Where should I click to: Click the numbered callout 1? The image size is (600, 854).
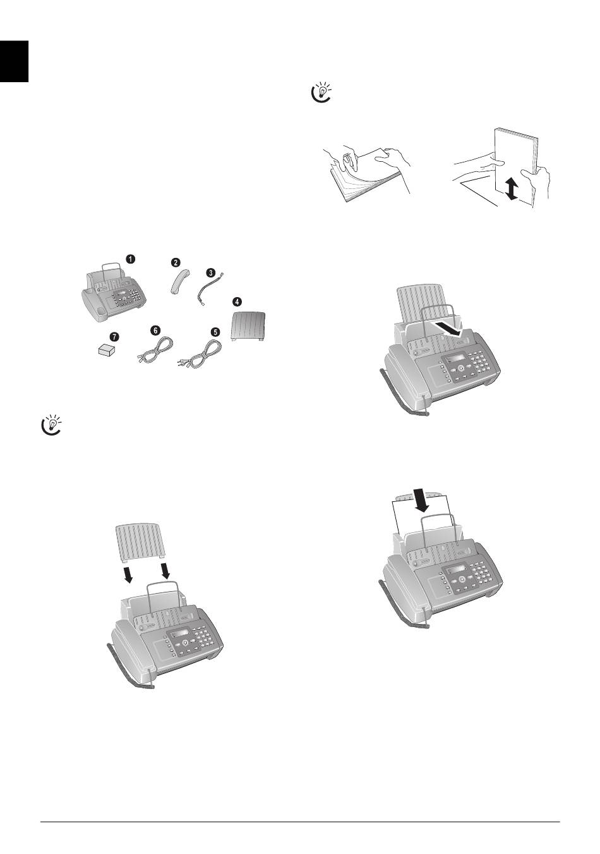coord(130,259)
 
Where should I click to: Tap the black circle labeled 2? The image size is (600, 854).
coord(176,262)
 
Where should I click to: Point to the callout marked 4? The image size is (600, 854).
coord(237,302)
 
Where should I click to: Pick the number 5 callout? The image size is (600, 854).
coord(215,332)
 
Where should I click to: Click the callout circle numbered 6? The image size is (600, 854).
coord(155,331)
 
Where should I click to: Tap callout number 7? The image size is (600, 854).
coord(114,336)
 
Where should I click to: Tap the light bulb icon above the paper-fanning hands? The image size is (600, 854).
coord(321,93)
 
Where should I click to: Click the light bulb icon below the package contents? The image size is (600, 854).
coord(52,425)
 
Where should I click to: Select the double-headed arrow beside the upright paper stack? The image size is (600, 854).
coord(512,190)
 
